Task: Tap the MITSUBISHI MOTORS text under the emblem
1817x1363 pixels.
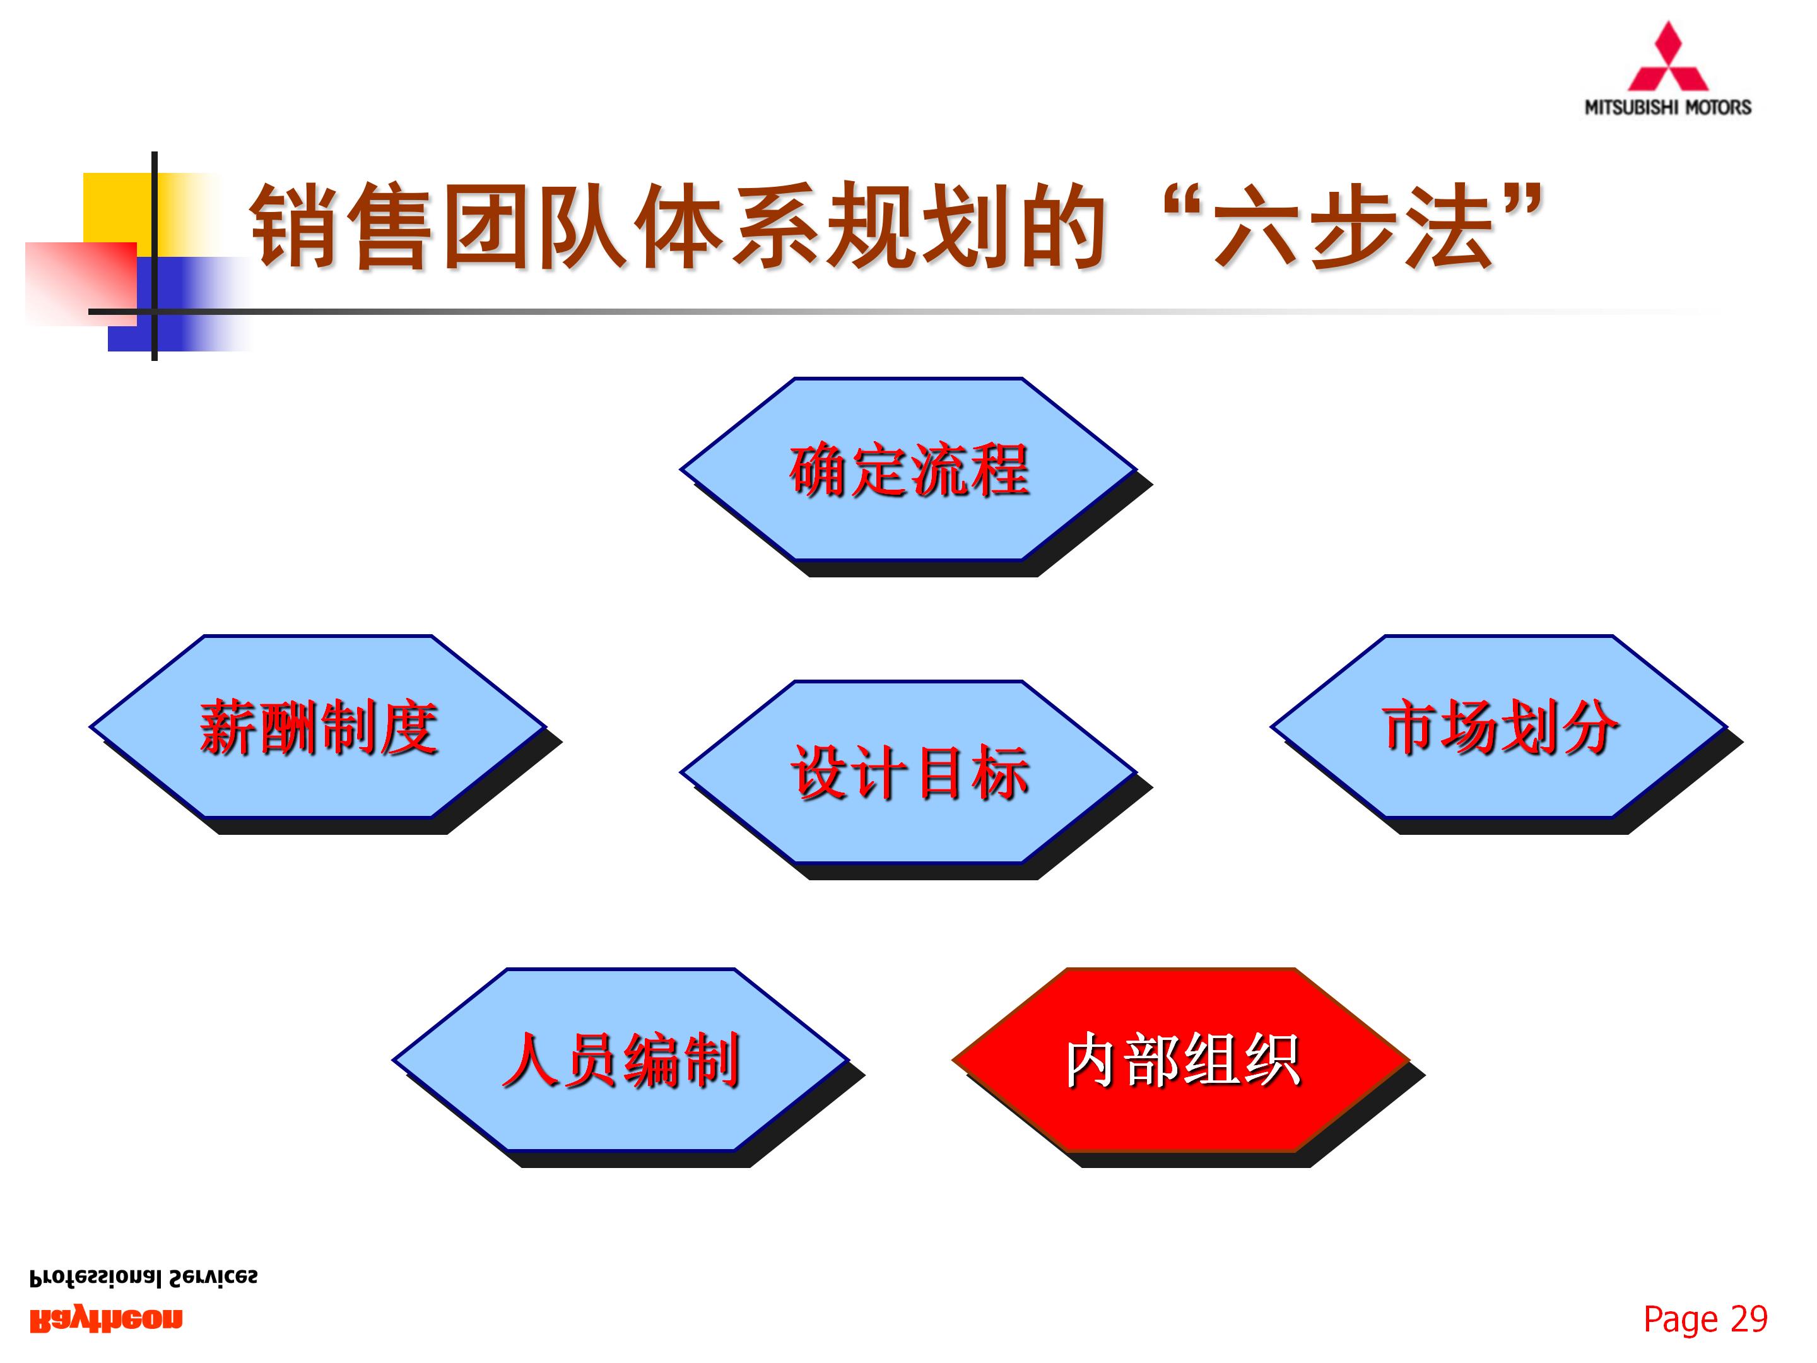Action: pyautogui.click(x=1667, y=107)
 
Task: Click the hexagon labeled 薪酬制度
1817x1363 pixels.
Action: pyautogui.click(x=318, y=726)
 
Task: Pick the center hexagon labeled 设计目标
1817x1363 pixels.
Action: pyautogui.click(x=908, y=772)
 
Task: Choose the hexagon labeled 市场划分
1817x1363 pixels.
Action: pyautogui.click(x=1499, y=726)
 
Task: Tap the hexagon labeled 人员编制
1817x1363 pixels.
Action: pyautogui.click(x=621, y=1060)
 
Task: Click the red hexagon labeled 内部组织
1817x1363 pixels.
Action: pyautogui.click(x=1181, y=1060)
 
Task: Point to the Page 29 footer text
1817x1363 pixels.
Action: pyautogui.click(x=1705, y=1319)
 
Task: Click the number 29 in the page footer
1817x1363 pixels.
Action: pyautogui.click(x=1748, y=1319)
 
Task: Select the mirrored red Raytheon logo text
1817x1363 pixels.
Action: pyautogui.click(x=106, y=1319)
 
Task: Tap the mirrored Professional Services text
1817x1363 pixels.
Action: pyautogui.click(x=143, y=1278)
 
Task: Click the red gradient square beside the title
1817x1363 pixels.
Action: pyautogui.click(x=78, y=283)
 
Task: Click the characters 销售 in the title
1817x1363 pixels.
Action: pyautogui.click(x=341, y=225)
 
